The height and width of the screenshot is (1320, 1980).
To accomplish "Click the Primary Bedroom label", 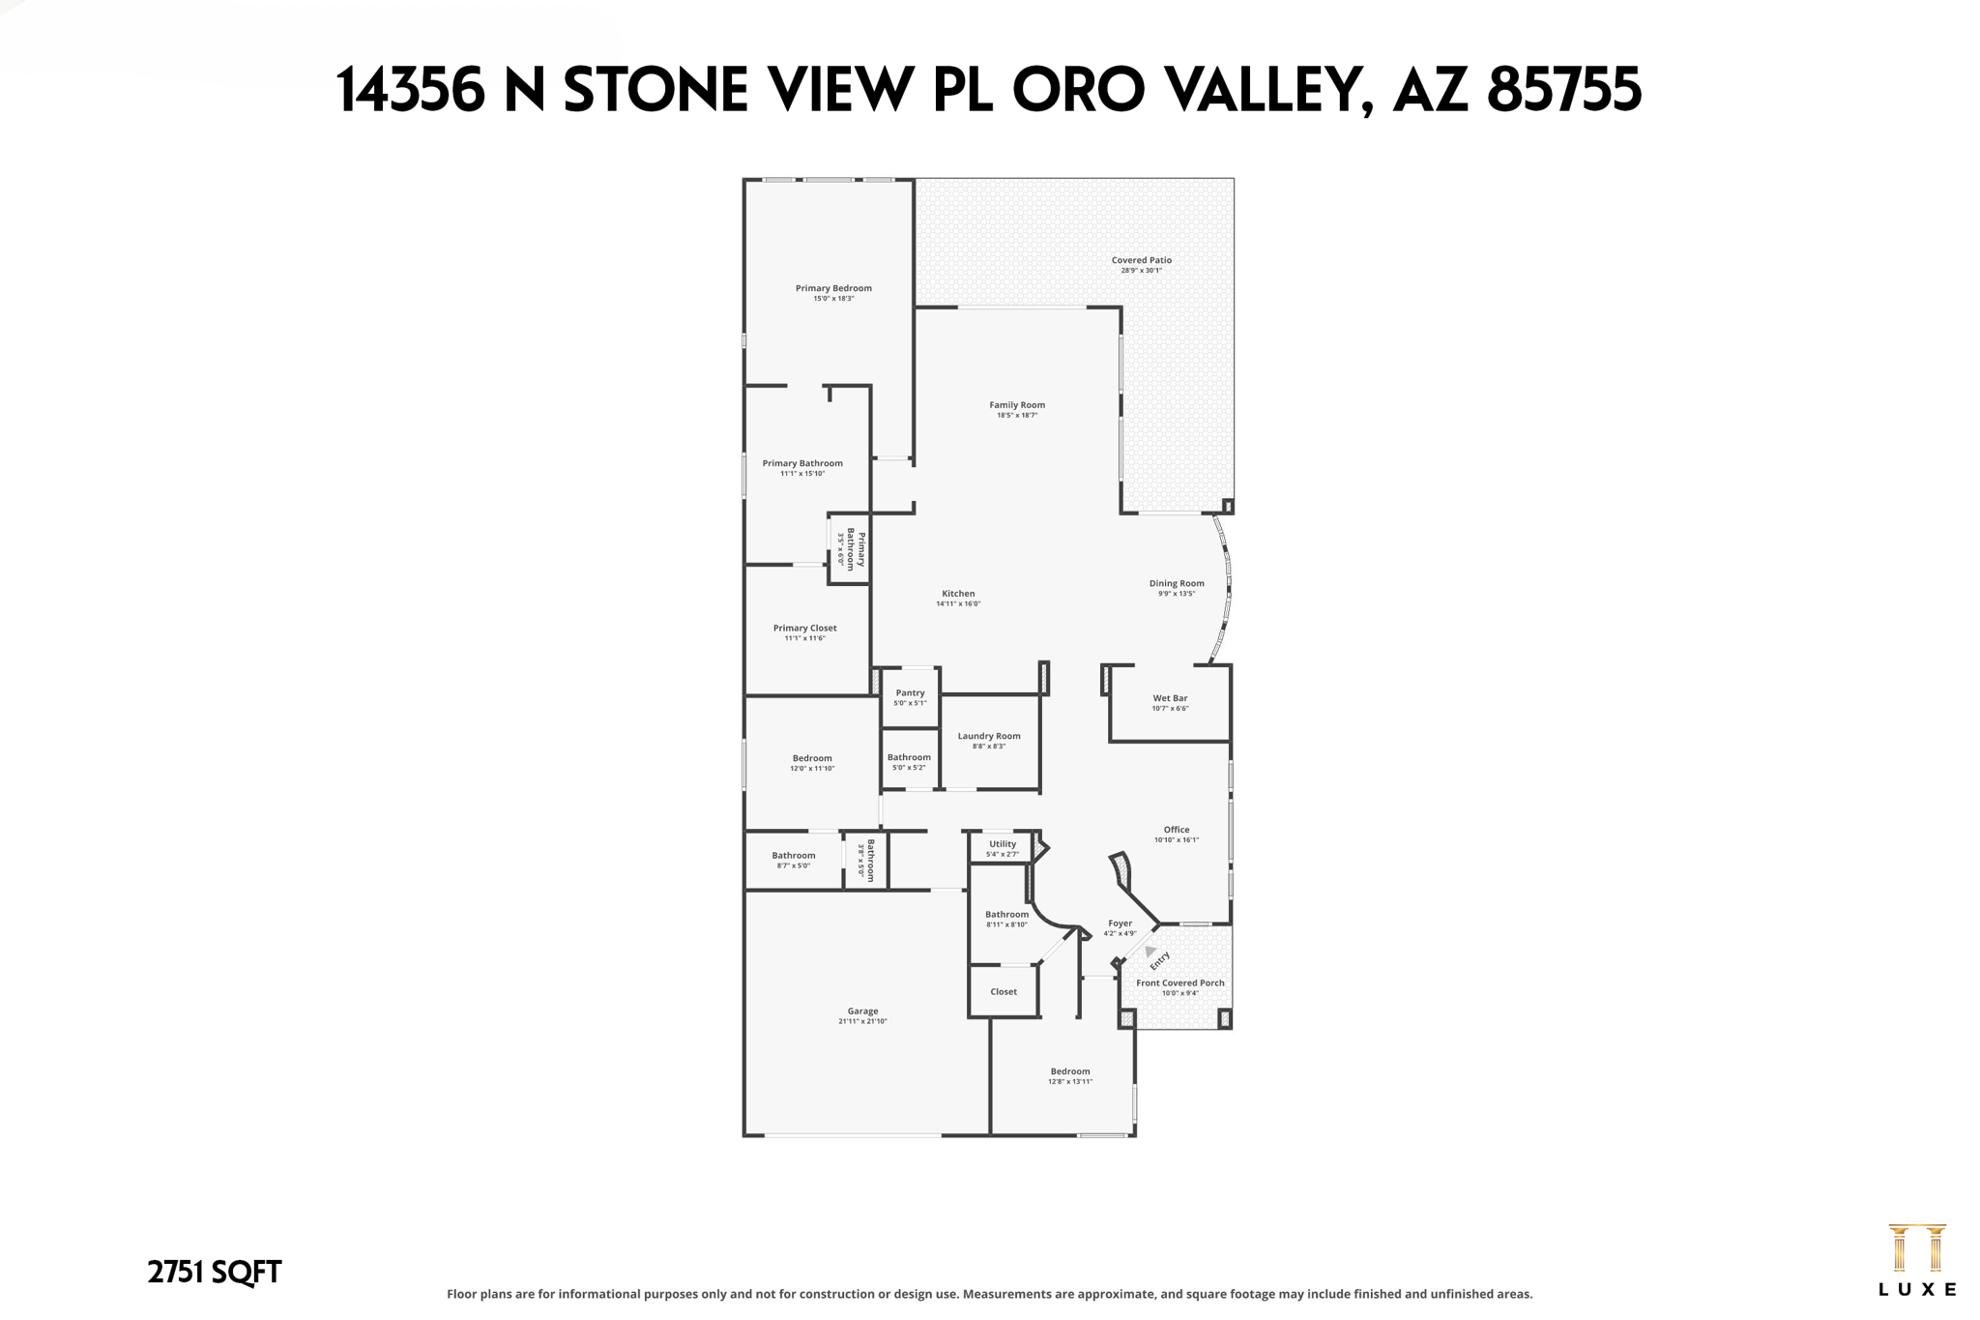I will point(833,288).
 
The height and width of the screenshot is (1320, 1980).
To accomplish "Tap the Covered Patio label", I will point(1141,260).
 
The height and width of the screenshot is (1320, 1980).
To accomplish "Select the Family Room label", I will point(1017,405).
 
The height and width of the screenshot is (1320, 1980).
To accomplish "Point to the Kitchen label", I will point(958,594).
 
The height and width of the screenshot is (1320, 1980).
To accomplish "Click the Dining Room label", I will point(1177,583).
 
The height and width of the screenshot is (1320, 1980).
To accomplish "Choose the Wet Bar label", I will point(1170,698).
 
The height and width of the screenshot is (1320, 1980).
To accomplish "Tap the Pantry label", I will point(910,693).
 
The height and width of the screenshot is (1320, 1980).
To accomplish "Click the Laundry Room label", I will point(989,736).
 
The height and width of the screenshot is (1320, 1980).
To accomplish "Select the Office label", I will point(1177,830).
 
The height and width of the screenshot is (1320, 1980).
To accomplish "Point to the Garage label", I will point(862,1012).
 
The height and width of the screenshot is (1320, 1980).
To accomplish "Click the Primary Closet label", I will point(804,629).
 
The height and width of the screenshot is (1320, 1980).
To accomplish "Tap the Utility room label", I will point(1003,844).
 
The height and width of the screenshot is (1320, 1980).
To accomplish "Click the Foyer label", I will point(1120,924).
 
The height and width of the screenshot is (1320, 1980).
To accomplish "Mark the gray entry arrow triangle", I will point(1150,952).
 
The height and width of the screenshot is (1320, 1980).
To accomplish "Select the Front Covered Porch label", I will point(1179,983).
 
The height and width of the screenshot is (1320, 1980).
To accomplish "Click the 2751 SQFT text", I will point(214,1273).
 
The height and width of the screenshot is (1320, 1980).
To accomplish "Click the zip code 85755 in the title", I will point(1563,91).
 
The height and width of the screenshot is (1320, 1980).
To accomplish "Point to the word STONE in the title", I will point(655,91).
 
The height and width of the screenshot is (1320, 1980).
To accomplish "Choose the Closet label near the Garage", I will point(1004,992).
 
